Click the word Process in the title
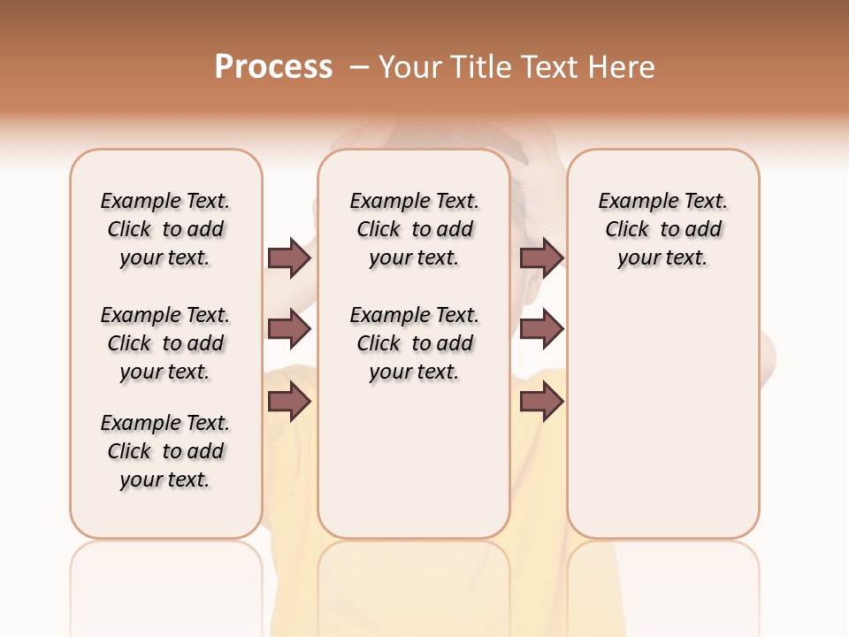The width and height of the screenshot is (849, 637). pyautogui.click(x=273, y=67)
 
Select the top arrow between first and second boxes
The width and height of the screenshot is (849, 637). pyautogui.click(x=289, y=257)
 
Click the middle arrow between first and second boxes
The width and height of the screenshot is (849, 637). pyautogui.click(x=289, y=330)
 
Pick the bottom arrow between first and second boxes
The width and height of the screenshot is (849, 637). pyautogui.click(x=289, y=403)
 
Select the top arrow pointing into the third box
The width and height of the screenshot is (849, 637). pyautogui.click(x=541, y=257)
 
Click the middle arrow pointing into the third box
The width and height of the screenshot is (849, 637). pyautogui.click(x=541, y=330)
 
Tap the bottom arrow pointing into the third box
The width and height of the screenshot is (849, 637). pyautogui.click(x=541, y=403)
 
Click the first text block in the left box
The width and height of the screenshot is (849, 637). pyautogui.click(x=165, y=229)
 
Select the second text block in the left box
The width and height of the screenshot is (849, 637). pyautogui.click(x=165, y=343)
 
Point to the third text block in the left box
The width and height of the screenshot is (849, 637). pyautogui.click(x=165, y=451)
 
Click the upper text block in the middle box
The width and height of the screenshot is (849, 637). pyautogui.click(x=414, y=229)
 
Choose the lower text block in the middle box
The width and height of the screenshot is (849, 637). pyautogui.click(x=414, y=343)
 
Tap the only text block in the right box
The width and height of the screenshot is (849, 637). pyautogui.click(x=663, y=229)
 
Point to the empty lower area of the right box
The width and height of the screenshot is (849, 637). pyautogui.click(x=663, y=416)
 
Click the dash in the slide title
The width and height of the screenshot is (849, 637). pyautogui.click(x=359, y=67)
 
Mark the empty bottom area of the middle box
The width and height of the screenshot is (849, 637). pyautogui.click(x=414, y=469)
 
